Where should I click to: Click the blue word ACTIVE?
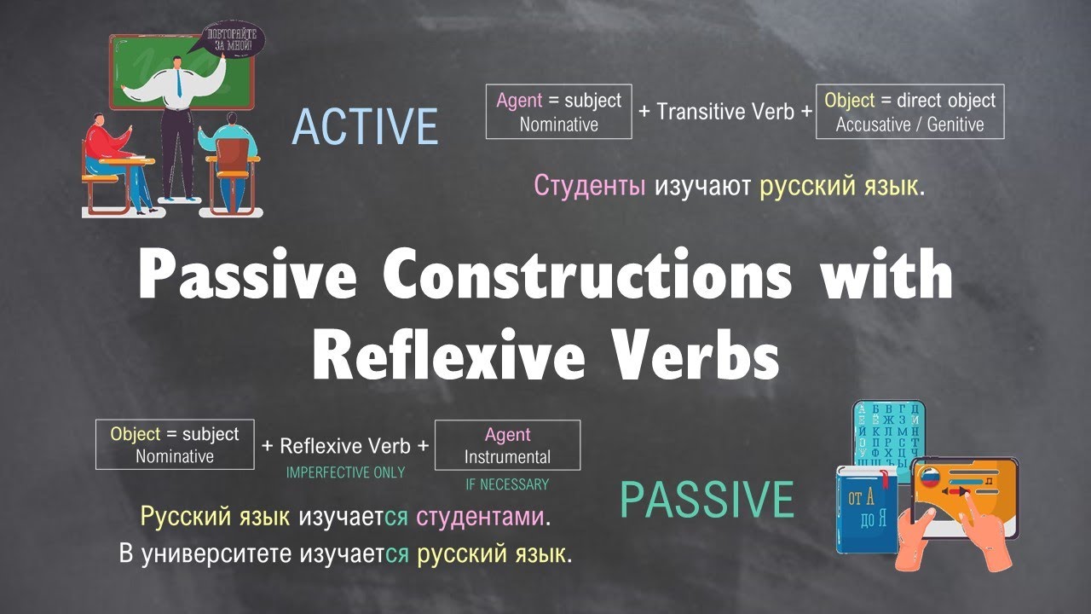(x=365, y=126)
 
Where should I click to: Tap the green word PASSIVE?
(x=707, y=500)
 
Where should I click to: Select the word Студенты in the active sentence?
(x=590, y=185)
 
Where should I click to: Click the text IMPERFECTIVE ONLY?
(x=345, y=472)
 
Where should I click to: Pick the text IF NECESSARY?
(x=507, y=484)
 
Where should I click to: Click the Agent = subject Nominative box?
(x=558, y=112)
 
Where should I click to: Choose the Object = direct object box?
(x=909, y=112)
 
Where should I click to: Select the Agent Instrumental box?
(x=507, y=445)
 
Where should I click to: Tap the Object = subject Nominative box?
(x=175, y=444)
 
